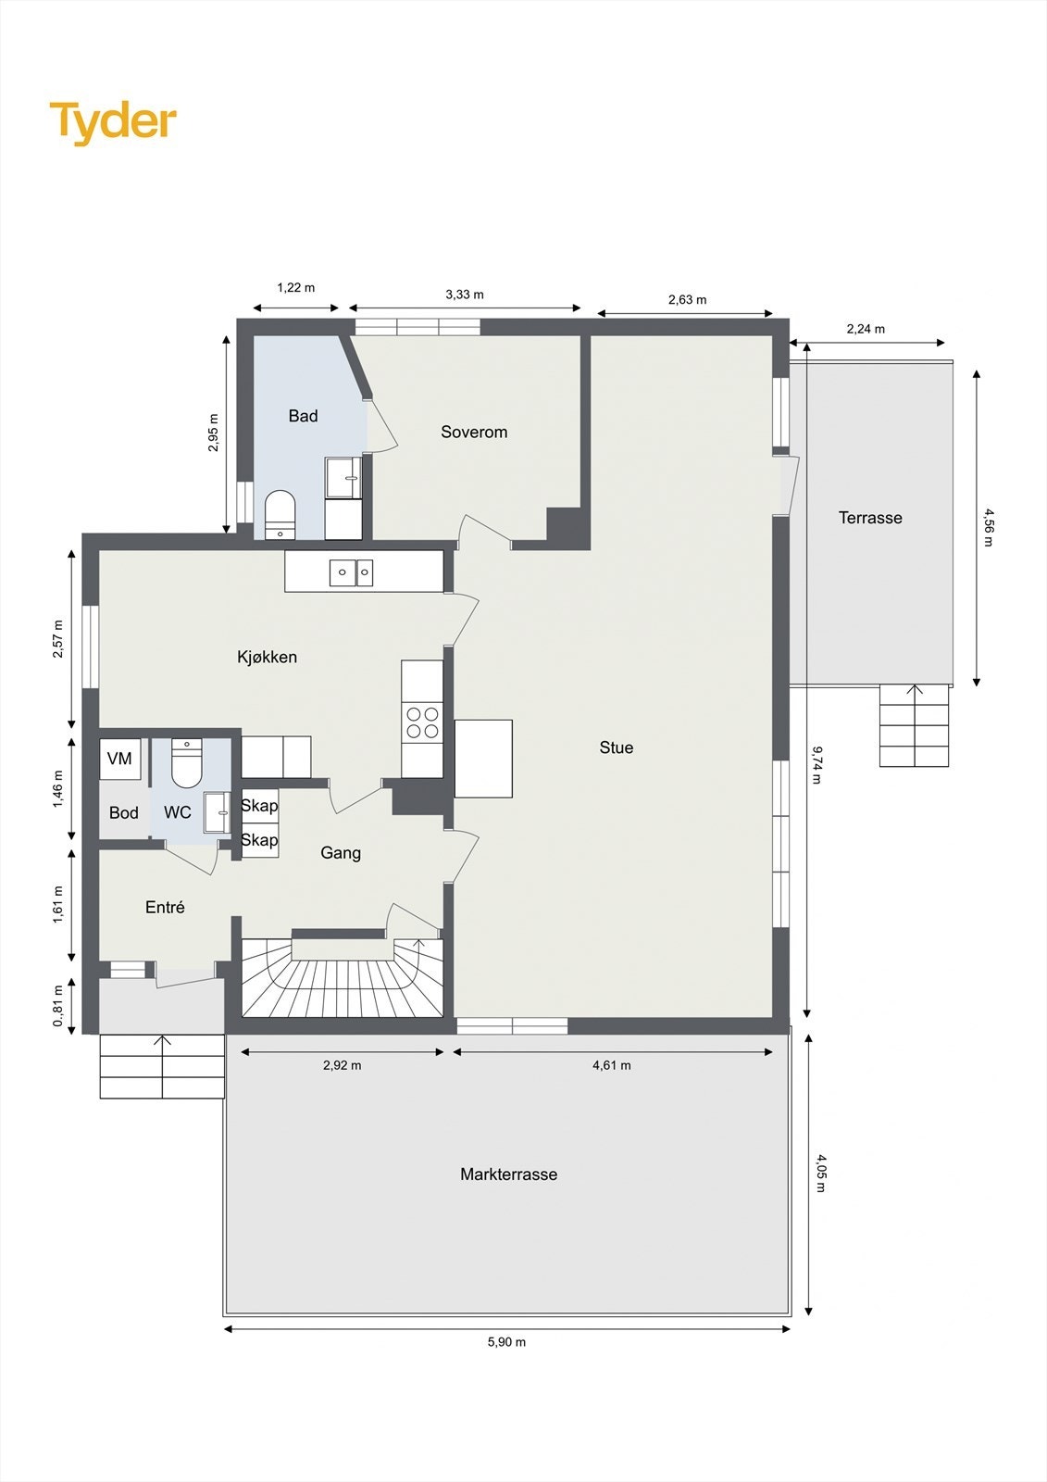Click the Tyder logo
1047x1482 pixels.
(x=113, y=122)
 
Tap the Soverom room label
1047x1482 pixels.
(x=474, y=432)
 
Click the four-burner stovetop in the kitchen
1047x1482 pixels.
(x=422, y=722)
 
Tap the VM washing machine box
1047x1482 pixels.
(x=119, y=759)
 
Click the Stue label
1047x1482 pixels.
(x=617, y=747)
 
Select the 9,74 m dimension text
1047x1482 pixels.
(x=816, y=764)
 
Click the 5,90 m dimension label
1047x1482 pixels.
(x=506, y=1342)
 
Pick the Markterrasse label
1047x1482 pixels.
(x=508, y=1174)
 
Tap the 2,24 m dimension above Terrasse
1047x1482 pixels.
(x=866, y=329)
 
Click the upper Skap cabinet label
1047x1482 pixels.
(x=259, y=806)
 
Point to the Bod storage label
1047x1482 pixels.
(x=123, y=812)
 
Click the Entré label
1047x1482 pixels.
(x=165, y=908)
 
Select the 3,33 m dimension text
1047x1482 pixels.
(x=465, y=295)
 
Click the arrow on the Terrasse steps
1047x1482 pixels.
(x=915, y=691)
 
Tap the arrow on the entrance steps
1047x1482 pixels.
(x=163, y=1043)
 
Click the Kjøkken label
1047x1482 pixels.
(x=267, y=657)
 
